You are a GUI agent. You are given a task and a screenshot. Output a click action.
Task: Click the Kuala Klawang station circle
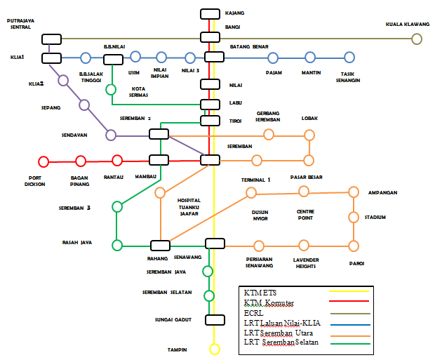coord(417,39)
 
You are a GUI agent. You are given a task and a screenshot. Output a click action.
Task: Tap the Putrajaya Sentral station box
coord(52,39)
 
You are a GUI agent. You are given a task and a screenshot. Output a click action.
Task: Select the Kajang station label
coord(234,13)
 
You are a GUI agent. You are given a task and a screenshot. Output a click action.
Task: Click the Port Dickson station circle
coord(43,161)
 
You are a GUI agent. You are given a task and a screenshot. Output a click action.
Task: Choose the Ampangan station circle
coord(353,192)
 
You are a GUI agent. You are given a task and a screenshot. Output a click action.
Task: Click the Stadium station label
coord(375,218)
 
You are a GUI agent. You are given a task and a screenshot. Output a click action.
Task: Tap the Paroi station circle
coord(353,245)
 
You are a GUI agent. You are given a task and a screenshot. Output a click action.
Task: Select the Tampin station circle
coord(213,348)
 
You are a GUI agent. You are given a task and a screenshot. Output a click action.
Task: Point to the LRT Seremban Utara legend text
coord(279,334)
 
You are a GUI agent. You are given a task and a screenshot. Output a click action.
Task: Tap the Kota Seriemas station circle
coord(111,89)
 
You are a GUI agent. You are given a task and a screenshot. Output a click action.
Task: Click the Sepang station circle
coord(84,105)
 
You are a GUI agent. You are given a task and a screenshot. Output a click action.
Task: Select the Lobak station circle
coord(309,135)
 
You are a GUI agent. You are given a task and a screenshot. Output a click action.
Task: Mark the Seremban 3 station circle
coord(117,206)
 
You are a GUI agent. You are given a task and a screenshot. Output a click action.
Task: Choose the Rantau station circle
coord(116,161)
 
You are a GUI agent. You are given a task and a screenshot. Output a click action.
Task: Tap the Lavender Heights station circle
coord(304,245)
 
